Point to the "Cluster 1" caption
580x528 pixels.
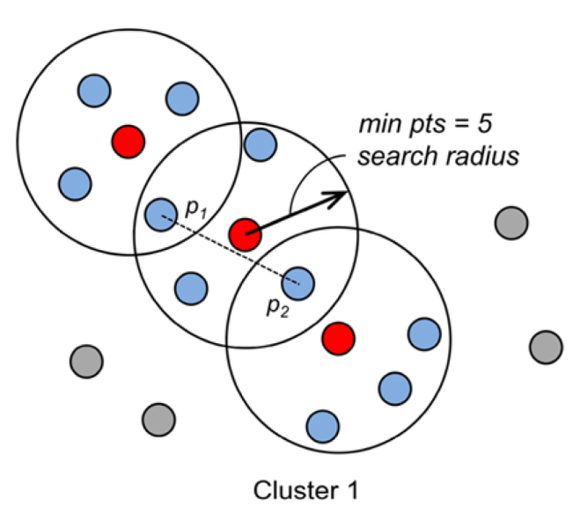[x=305, y=488]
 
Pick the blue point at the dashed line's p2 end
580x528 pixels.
[x=299, y=282]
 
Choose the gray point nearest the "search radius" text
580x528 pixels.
[x=511, y=223]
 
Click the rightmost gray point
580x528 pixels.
[x=546, y=346]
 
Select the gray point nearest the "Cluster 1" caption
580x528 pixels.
[x=158, y=419]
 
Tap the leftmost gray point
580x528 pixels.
[x=86, y=360]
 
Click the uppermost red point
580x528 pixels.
[x=128, y=139]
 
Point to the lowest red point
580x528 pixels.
[x=338, y=337]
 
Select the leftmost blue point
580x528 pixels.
[x=75, y=183]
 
